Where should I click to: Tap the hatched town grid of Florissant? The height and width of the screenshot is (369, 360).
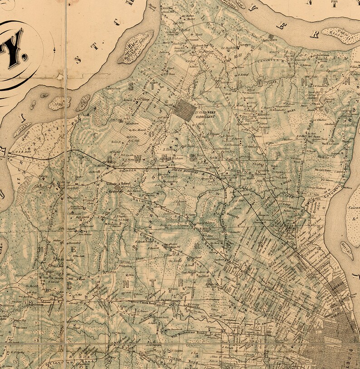click(185, 110)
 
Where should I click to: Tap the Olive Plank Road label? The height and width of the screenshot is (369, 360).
click(144, 301)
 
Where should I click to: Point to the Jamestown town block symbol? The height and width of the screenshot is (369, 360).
click(271, 36)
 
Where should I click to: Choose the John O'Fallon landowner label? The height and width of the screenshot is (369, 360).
click(313, 287)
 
